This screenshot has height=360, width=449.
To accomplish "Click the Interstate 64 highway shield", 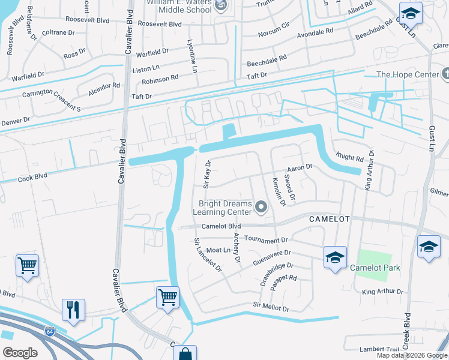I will click(x=48, y=331).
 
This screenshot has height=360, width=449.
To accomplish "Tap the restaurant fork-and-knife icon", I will click(x=73, y=310).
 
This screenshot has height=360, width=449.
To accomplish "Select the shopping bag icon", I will click(x=185, y=354).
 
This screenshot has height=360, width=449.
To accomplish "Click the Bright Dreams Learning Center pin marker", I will click(x=261, y=208).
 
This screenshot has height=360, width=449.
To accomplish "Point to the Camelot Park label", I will click(x=375, y=268).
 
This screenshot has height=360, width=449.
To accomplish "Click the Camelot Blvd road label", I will click(x=220, y=226).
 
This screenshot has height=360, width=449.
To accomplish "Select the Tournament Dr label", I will click(x=267, y=239).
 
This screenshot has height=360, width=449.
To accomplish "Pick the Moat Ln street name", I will click(x=218, y=250).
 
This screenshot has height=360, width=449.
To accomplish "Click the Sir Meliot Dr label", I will click(x=271, y=308).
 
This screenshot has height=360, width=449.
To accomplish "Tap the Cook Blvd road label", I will click(x=32, y=178).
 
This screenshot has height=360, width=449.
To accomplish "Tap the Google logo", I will click(x=20, y=352).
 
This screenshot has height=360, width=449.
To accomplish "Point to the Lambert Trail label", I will click(x=379, y=349).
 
